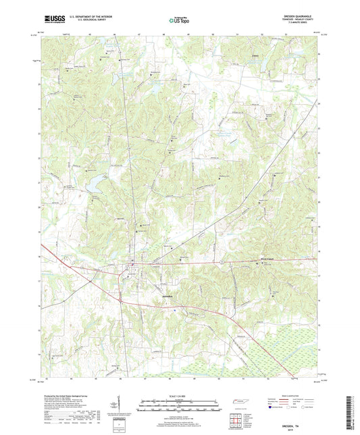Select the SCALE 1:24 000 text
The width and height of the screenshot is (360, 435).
click(x=179, y=396)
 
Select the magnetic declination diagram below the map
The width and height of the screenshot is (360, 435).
click(x=120, y=407)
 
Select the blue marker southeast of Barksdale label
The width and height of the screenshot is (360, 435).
click(x=175, y=309)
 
